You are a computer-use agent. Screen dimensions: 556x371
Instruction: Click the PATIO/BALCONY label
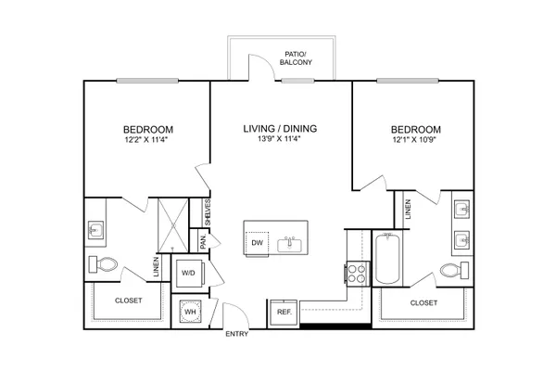coord(296,58)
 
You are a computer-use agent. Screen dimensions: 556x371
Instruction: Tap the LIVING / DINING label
coord(280,129)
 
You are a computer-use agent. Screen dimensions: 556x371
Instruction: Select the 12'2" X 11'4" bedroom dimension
coord(145,139)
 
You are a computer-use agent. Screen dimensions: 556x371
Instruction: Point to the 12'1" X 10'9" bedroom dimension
coord(414,139)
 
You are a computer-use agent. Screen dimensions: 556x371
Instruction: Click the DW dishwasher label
coord(257,243)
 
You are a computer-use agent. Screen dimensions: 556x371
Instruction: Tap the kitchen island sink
coord(289,245)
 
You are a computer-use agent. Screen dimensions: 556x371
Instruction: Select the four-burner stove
coord(357,274)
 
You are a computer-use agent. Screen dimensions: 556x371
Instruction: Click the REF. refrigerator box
coord(284,313)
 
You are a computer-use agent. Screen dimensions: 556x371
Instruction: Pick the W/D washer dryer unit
coord(189,273)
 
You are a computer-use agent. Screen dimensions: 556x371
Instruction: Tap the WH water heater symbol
coord(190,312)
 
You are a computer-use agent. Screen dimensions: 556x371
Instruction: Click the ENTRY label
coord(237,334)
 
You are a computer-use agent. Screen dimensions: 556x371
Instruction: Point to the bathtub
coord(387,258)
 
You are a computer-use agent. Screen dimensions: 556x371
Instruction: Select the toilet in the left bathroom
coord(103,264)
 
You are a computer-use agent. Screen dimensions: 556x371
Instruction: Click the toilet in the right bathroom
coord(454,271)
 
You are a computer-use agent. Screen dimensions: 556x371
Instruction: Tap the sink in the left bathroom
coord(95,230)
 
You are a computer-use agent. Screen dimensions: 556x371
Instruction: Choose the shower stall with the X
coord(173,225)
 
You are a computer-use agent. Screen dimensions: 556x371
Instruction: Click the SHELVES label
coord(208,212)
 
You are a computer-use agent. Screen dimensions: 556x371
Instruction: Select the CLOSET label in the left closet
coord(129,301)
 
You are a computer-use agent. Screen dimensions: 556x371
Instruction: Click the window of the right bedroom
coord(408,81)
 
